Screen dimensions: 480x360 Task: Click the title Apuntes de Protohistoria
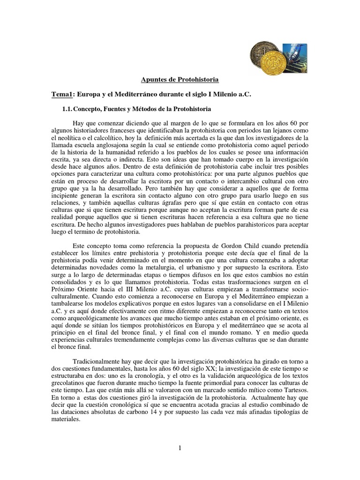[x=180, y=81]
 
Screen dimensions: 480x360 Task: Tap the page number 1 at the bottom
[x=180, y=448]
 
